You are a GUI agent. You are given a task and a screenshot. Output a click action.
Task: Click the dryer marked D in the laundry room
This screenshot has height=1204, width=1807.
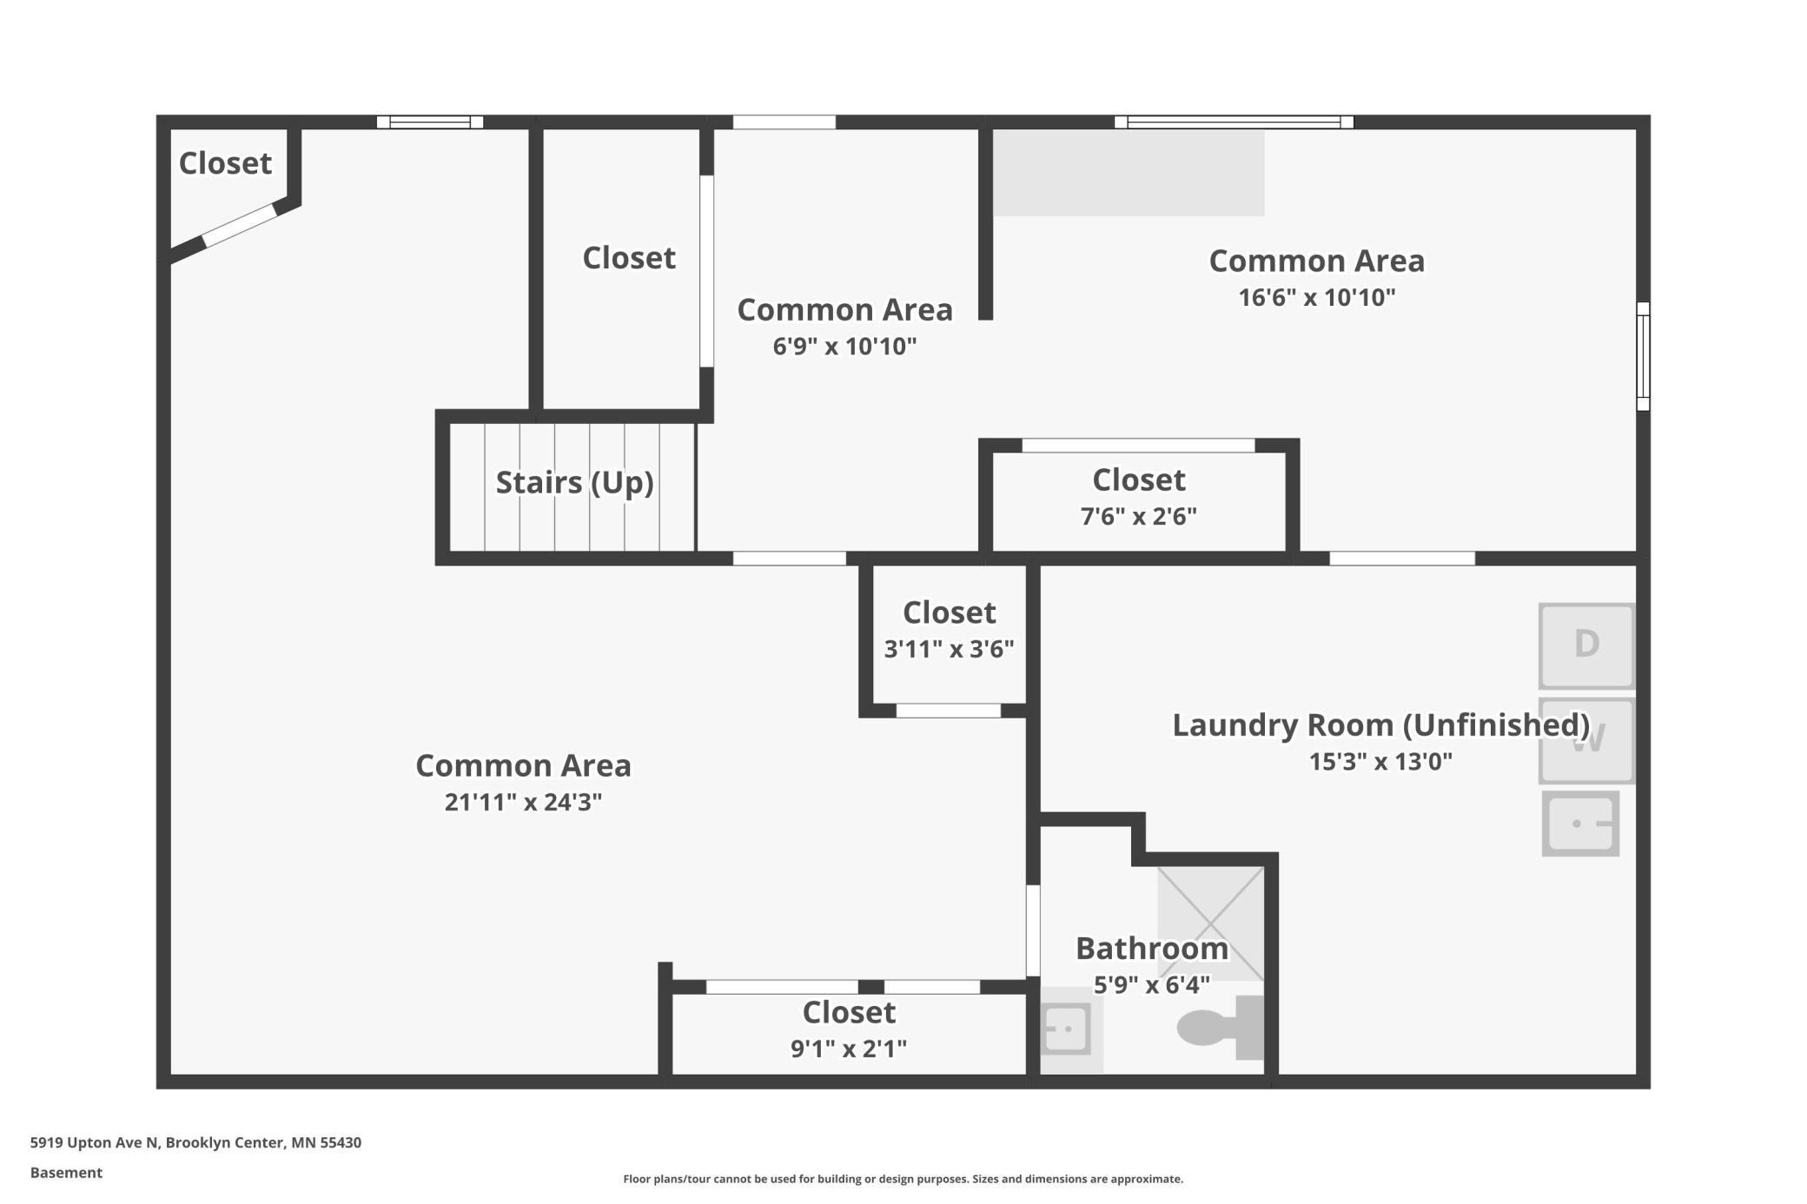[x=1586, y=645]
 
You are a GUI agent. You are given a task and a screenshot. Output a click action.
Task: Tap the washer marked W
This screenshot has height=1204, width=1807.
[x=1586, y=741]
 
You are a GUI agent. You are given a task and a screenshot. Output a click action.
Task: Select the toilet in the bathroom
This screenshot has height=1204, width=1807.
[x=1221, y=1028]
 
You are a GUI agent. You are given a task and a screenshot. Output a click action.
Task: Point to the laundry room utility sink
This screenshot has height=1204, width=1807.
[x=1580, y=823]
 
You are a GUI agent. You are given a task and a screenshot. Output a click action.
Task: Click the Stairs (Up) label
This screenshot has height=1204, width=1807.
[x=574, y=482]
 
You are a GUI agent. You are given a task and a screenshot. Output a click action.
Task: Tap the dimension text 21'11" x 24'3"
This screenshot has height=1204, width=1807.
[x=523, y=802]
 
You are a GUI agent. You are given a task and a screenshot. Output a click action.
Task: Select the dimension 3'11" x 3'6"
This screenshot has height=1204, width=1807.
[x=949, y=649]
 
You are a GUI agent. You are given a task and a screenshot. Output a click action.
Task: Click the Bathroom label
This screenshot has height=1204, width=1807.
[x=1152, y=948]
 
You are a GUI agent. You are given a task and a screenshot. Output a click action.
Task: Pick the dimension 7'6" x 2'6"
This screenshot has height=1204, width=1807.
[x=1138, y=517]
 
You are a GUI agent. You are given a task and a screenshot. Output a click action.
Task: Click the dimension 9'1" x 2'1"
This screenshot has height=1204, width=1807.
[x=849, y=1049]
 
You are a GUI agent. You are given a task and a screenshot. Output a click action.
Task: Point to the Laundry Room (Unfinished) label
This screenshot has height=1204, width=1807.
[x=1381, y=724]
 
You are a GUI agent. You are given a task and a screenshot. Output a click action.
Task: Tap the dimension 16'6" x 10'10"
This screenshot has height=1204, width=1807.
[x=1317, y=297]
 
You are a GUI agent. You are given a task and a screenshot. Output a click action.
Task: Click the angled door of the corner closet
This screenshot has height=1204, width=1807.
[x=240, y=226]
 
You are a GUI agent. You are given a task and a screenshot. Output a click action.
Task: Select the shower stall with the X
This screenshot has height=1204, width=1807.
[x=1210, y=923]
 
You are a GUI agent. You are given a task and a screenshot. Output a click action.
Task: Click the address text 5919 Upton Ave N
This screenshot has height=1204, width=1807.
[x=95, y=1142]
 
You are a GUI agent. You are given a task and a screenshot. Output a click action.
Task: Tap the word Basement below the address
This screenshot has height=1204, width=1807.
[x=66, y=1173]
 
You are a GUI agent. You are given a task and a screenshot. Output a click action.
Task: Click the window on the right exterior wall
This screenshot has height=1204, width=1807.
[x=1643, y=356]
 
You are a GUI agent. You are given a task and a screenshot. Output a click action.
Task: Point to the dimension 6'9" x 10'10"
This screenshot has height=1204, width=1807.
[x=844, y=347]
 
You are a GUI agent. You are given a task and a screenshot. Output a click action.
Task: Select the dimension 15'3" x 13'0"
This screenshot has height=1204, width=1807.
[x=1380, y=762]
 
